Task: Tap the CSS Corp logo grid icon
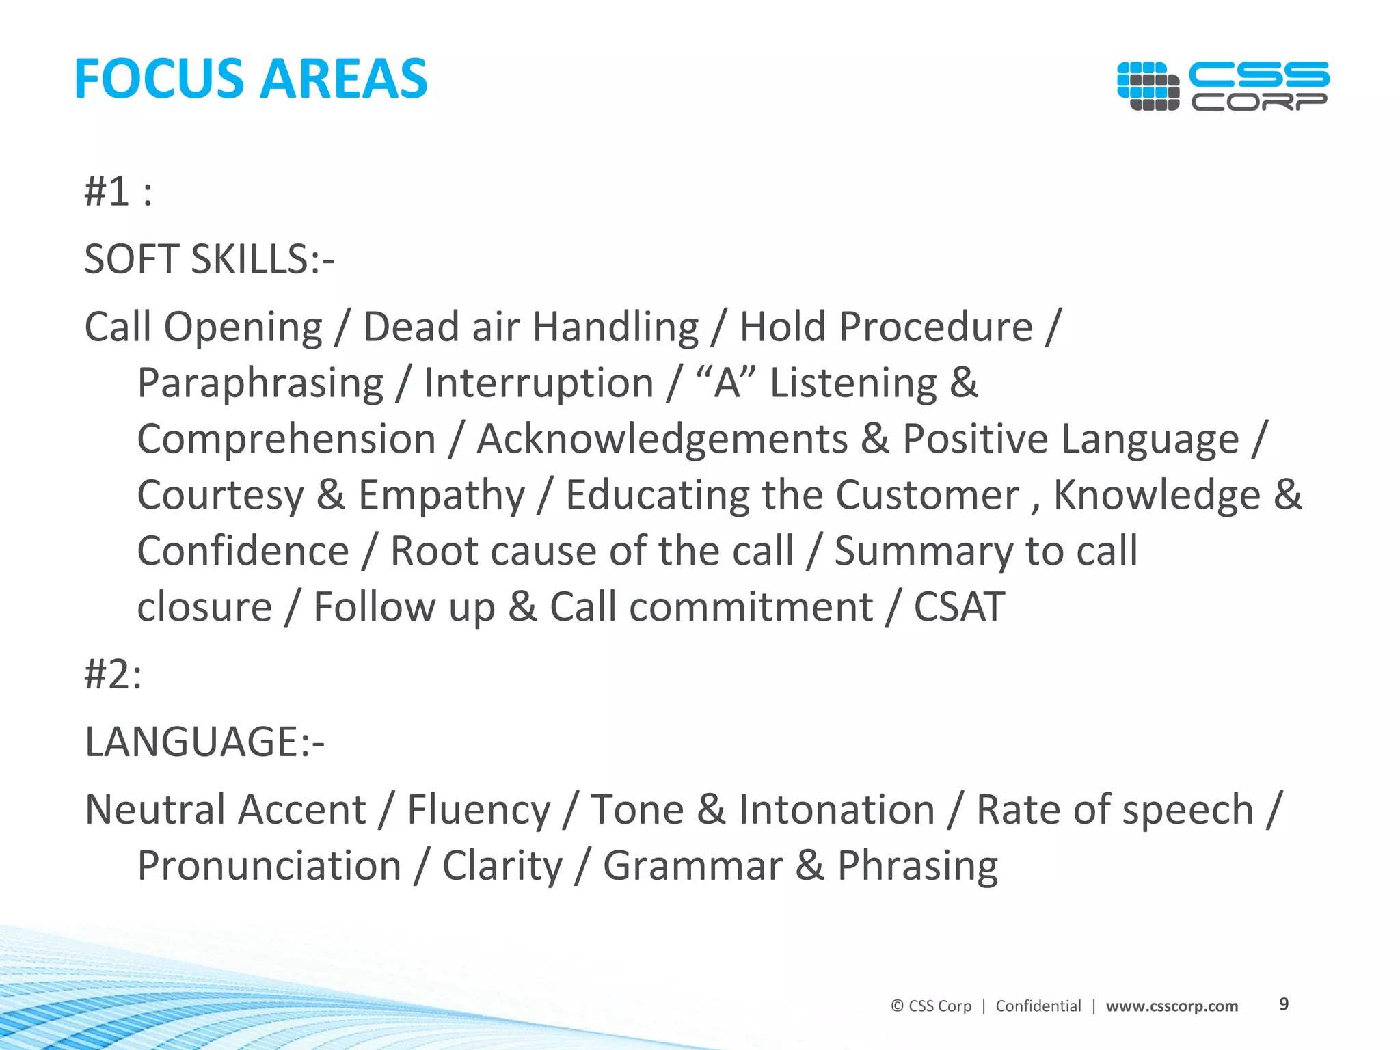point(1148,85)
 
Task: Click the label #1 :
point(118,191)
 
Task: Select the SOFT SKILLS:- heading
point(209,260)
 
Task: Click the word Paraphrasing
point(260,383)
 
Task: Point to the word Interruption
point(539,383)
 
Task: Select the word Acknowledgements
point(662,439)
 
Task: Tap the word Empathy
point(442,495)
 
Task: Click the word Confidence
point(243,551)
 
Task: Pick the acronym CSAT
point(958,607)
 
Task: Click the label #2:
point(113,675)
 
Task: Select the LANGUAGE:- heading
point(204,742)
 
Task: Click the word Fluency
point(479,810)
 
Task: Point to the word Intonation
point(837,810)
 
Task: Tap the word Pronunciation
point(269,866)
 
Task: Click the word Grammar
point(692,866)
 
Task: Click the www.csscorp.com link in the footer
point(1172,1006)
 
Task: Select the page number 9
point(1283,1004)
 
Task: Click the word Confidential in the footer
point(1038,1006)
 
